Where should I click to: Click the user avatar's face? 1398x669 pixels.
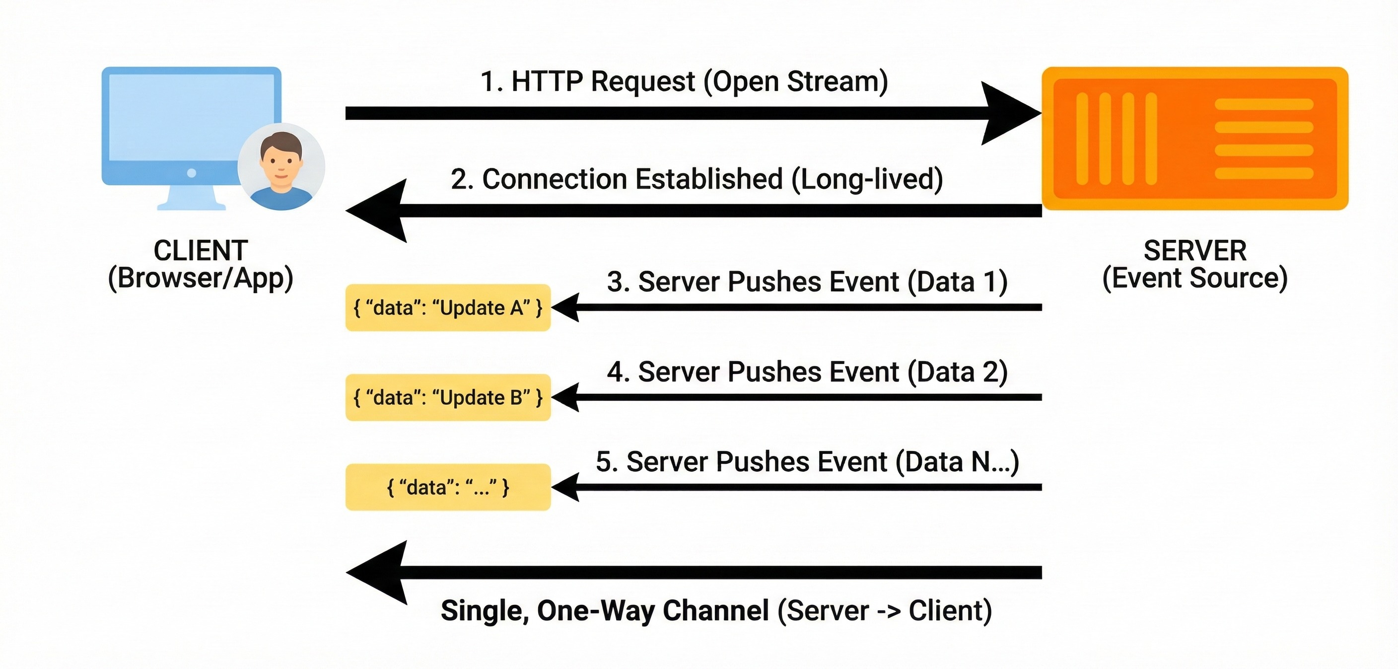click(x=280, y=161)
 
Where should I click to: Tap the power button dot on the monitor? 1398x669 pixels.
click(x=192, y=173)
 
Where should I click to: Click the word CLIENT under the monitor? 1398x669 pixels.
click(x=201, y=250)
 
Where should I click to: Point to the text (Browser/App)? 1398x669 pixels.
click(x=201, y=278)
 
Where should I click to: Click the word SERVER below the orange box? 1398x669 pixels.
click(x=1195, y=250)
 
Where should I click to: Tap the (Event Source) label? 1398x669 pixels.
click(x=1195, y=278)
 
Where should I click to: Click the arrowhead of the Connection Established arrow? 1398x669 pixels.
click(x=376, y=211)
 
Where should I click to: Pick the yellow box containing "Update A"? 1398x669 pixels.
click(x=448, y=307)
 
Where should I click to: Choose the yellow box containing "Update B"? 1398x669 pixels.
click(x=448, y=397)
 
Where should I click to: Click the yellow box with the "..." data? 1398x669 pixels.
click(x=448, y=487)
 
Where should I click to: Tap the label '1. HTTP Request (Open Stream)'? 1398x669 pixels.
click(x=684, y=81)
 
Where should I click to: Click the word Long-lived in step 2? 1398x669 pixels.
click(x=867, y=179)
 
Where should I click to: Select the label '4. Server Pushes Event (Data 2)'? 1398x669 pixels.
click(x=807, y=372)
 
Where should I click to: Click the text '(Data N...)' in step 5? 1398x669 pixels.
click(x=957, y=462)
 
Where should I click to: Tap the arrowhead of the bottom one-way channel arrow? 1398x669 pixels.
click(x=376, y=572)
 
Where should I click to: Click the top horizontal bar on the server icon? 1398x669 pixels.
click(x=1264, y=104)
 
